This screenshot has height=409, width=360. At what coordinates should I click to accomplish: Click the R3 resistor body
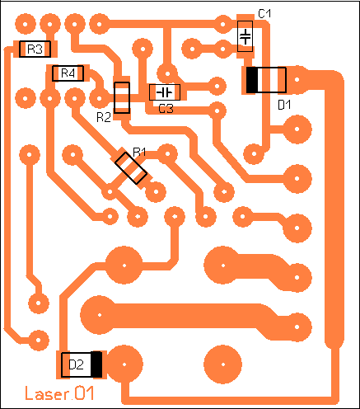click(35, 49)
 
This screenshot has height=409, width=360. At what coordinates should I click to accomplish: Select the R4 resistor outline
click(68, 73)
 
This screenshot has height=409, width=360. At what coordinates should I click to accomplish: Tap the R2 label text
click(104, 117)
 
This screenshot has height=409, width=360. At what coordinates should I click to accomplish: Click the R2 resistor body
click(122, 97)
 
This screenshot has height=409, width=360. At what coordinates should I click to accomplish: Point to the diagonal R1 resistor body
click(131, 168)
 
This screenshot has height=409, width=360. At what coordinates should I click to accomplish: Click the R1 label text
click(139, 152)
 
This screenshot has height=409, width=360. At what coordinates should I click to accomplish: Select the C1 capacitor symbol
click(245, 36)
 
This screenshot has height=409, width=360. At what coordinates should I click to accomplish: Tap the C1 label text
click(264, 13)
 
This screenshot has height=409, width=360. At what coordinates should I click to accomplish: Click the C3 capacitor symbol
click(165, 92)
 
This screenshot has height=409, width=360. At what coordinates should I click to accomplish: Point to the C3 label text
click(166, 109)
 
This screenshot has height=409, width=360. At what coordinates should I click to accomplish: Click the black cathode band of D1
click(252, 80)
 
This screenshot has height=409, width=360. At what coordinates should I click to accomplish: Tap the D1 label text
click(284, 105)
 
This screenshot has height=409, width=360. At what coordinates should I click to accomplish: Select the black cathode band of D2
click(96, 364)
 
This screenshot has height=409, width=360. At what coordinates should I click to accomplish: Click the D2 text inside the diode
click(76, 364)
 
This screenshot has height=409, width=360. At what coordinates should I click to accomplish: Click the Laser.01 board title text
click(59, 393)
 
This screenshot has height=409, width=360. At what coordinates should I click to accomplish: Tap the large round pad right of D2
click(124, 364)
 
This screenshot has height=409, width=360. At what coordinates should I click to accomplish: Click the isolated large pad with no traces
click(223, 364)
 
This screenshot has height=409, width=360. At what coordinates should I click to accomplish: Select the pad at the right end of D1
click(297, 80)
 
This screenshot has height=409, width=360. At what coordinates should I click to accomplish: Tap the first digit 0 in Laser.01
click(80, 393)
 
